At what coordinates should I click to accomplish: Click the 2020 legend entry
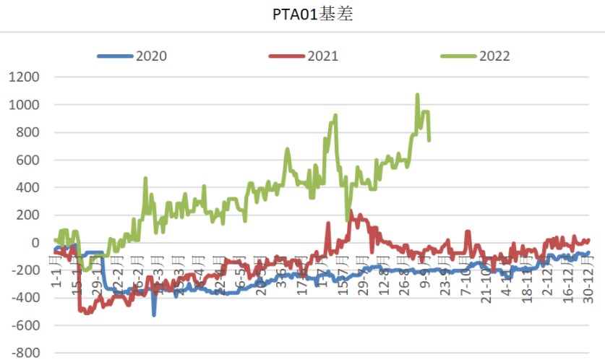pos(150,56)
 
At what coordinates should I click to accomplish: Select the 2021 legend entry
pos(322,56)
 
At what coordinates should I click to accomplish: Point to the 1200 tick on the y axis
pos(24,77)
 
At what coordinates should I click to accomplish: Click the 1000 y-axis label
pos(24,105)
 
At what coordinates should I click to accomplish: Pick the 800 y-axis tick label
pos(28,132)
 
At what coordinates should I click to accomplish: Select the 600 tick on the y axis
pos(28,160)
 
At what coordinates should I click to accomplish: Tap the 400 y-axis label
pos(28,187)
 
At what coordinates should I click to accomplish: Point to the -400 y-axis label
pos(25,298)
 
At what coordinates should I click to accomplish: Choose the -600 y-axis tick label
pos(25,325)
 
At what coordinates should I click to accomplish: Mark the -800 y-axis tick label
pos(25,353)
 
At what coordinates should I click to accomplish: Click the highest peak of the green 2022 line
pos(417,95)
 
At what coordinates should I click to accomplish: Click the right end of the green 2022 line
pos(429,140)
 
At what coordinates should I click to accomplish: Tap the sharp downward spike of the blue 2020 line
pos(154,314)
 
